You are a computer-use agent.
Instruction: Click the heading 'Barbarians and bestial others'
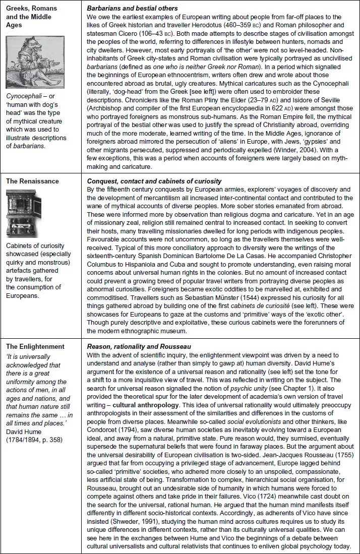(x=133, y=8)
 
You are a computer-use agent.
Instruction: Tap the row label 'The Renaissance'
(x=29, y=181)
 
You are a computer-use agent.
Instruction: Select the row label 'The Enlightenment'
(x=33, y=346)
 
